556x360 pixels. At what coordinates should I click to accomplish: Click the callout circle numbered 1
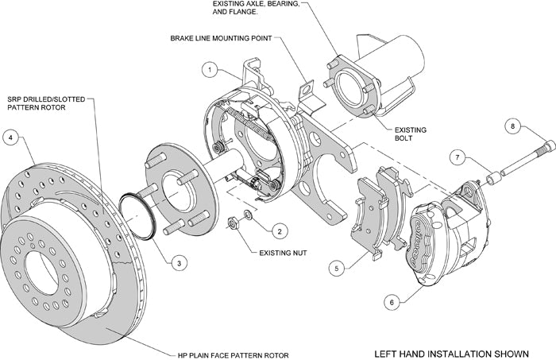[x=209, y=71]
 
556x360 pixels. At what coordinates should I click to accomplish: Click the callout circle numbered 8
[x=513, y=125]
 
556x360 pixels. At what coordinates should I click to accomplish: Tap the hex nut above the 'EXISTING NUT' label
[x=234, y=223]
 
